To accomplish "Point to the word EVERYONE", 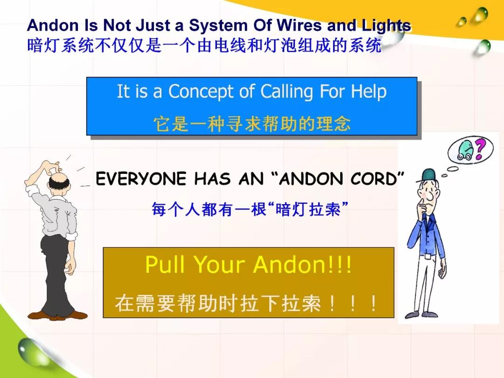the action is click(x=141, y=179).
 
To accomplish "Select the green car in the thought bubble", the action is click(x=465, y=150).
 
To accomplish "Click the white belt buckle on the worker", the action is click(x=427, y=257).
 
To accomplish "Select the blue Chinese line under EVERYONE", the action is click(x=250, y=209).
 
